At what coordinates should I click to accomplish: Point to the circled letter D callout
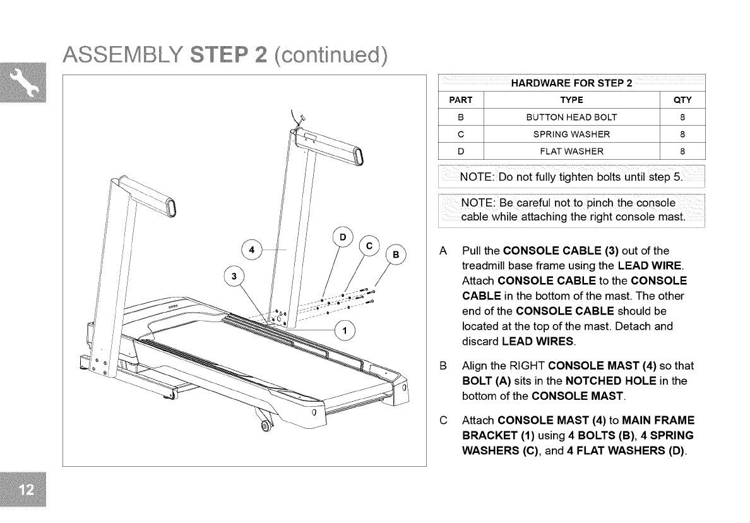click(x=343, y=237)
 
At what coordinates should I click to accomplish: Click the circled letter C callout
click(x=371, y=246)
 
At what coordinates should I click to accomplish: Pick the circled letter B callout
click(x=396, y=255)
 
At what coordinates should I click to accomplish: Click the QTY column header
click(x=682, y=100)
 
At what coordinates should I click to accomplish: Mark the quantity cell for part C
click(x=682, y=134)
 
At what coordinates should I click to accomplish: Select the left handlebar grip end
click(x=170, y=208)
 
